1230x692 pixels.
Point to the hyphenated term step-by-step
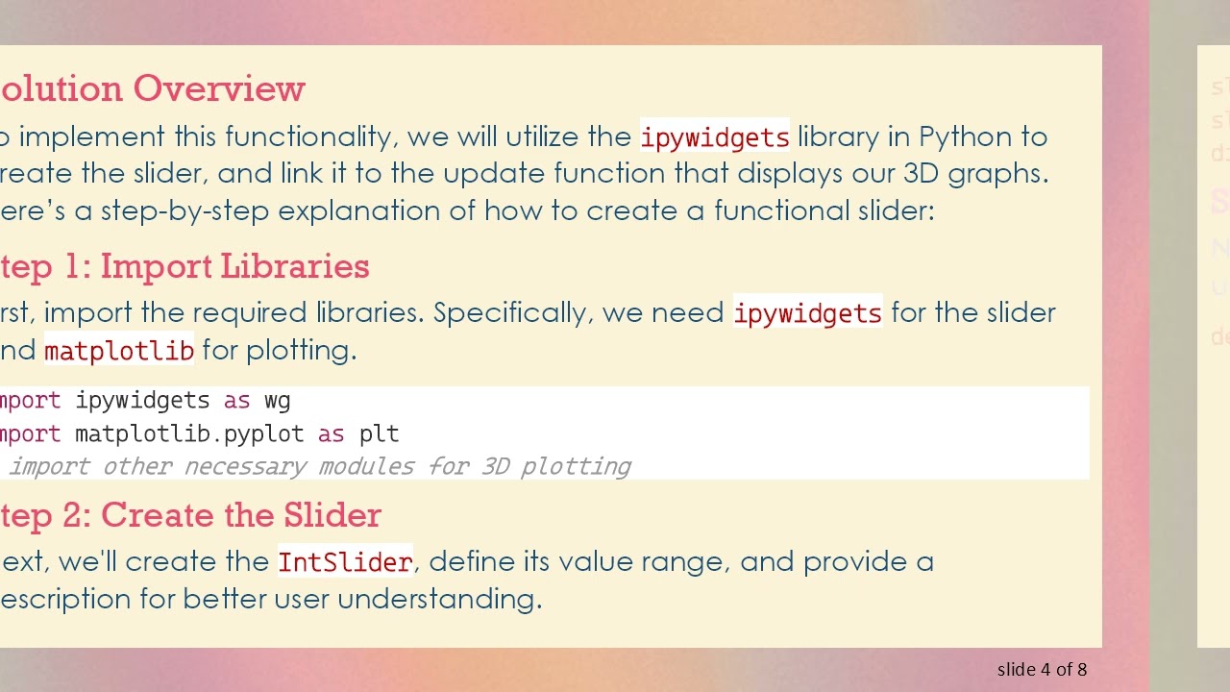tap(184, 210)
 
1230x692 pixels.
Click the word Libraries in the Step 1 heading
tap(295, 266)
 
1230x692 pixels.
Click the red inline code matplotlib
tap(119, 351)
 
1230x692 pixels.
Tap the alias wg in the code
tap(277, 400)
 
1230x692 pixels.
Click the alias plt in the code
tap(379, 433)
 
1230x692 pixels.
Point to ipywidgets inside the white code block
tap(142, 400)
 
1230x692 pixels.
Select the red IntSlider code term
tap(345, 562)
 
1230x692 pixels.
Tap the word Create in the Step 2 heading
tap(159, 515)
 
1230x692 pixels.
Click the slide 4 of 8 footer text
tap(1042, 670)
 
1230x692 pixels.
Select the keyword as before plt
tap(331, 433)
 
